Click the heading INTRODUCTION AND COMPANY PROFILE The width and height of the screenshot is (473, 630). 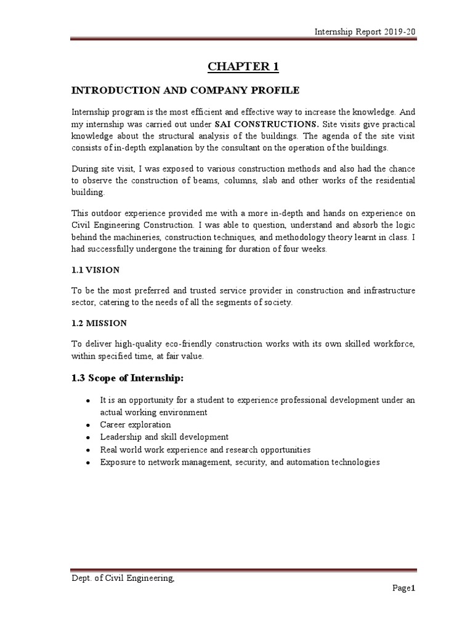coord(185,90)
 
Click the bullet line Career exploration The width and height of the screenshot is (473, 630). coord(135,425)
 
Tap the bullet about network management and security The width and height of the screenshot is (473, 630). coord(240,461)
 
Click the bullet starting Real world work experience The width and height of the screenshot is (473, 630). coord(205,449)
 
